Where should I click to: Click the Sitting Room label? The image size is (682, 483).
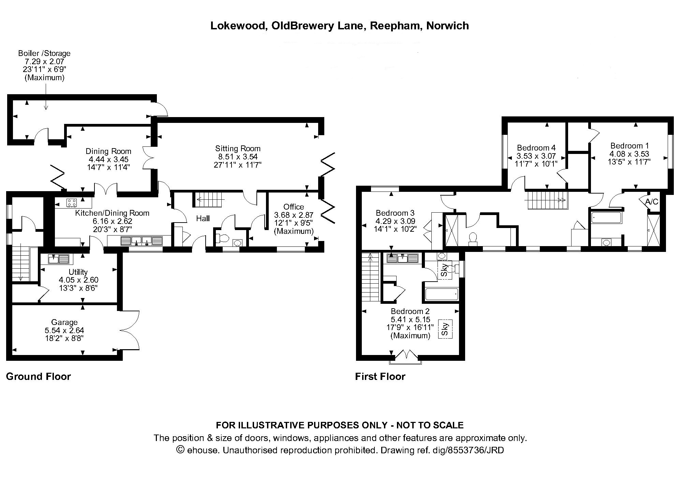[238, 148]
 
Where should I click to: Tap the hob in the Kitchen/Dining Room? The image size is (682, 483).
[72, 203]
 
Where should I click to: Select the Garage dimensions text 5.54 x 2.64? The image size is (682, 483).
[64, 330]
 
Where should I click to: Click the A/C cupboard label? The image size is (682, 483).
[652, 202]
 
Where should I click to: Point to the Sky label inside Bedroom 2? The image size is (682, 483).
[445, 329]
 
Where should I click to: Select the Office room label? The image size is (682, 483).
[294, 207]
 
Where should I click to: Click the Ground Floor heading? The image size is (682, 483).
[39, 377]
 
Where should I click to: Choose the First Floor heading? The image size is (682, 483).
[380, 377]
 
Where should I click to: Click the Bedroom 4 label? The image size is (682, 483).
[536, 148]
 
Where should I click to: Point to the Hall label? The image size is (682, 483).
[203, 218]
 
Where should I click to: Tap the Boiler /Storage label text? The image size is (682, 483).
[44, 53]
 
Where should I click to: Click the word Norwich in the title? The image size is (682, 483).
[447, 26]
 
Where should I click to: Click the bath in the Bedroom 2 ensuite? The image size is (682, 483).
[442, 294]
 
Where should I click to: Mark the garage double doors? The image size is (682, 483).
[130, 330]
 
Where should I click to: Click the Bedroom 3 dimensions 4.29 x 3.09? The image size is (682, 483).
[395, 221]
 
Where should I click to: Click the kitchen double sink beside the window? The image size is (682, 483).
[142, 241]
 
